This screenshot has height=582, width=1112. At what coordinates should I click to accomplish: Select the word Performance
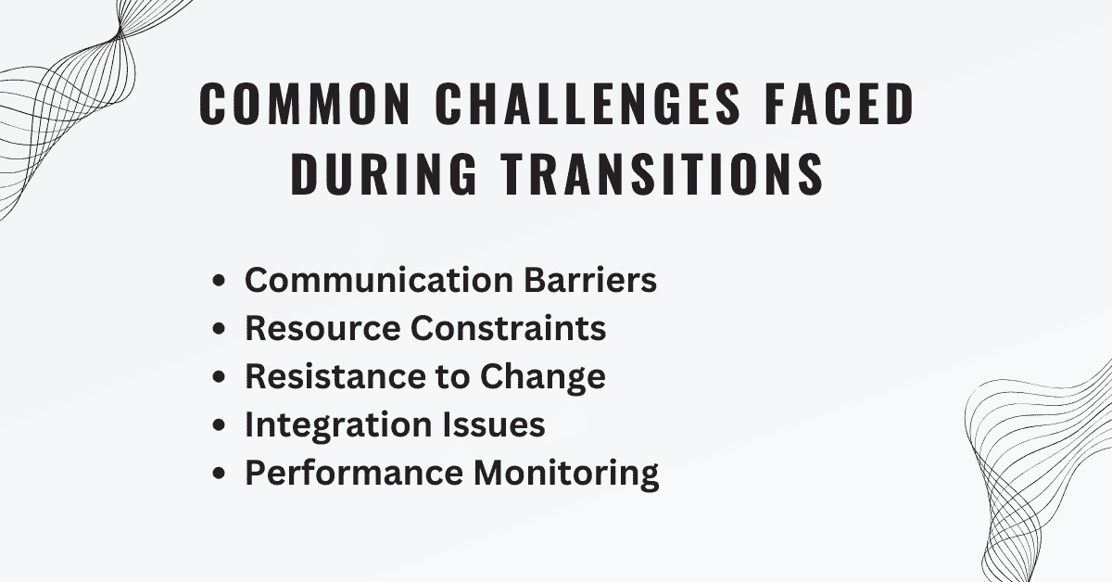(x=355, y=473)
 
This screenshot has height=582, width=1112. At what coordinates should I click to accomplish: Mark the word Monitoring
(x=567, y=474)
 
